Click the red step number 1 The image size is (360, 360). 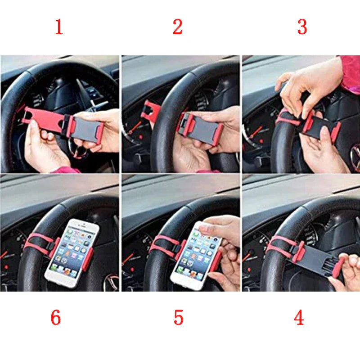tap(59, 27)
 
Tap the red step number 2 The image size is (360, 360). tap(178, 27)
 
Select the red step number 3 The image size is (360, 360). tap(302, 27)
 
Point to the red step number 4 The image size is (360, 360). tap(299, 318)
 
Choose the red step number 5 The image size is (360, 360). tap(179, 318)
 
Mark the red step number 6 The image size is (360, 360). tap(55, 318)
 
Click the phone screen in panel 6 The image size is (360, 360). tap(72, 252)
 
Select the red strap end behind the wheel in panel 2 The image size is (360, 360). tap(151, 110)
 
